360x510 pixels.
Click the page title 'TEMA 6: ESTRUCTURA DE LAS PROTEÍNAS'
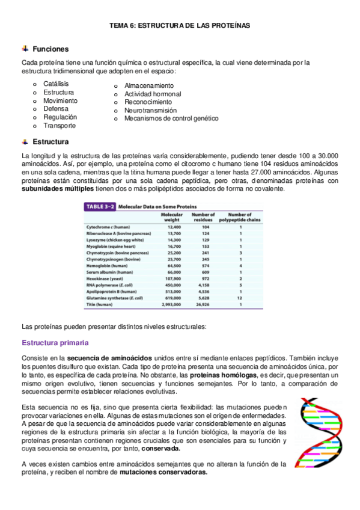180,26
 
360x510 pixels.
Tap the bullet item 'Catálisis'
56,84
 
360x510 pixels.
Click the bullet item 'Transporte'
59,126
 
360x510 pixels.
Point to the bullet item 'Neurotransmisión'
150,111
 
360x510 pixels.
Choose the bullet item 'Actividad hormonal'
153,94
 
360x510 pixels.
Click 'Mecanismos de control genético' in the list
171,118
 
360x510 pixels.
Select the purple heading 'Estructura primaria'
55,343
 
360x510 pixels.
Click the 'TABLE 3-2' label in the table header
100,206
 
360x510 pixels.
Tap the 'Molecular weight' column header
172,217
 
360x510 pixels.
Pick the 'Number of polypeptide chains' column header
240,217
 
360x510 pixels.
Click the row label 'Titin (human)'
100,305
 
